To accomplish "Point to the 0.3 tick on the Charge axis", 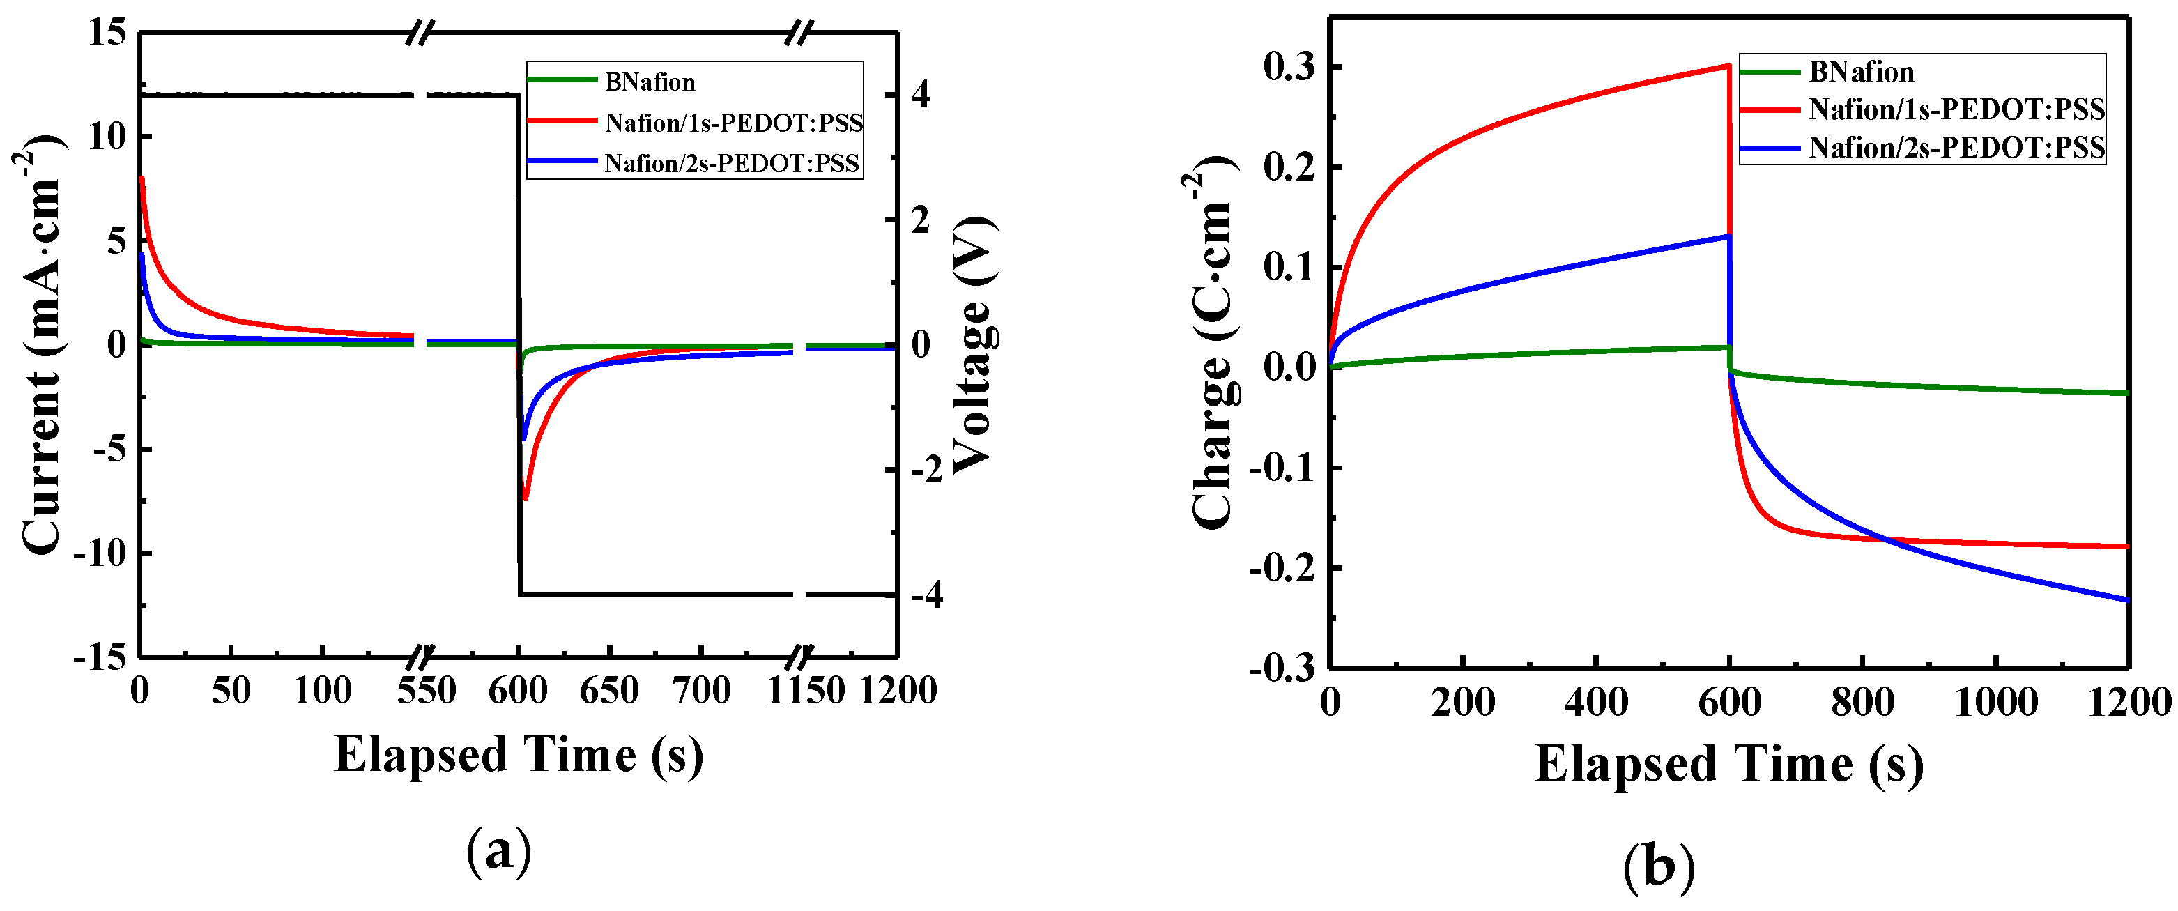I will click(1289, 67).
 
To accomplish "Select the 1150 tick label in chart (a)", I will click(805, 691).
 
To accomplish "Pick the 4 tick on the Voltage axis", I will click(921, 95).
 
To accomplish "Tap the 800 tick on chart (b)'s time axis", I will click(1862, 702).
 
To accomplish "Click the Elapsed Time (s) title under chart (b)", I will click(1729, 764).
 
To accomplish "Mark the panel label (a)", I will click(499, 851).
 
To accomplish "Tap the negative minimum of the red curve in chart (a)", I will click(525, 499).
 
